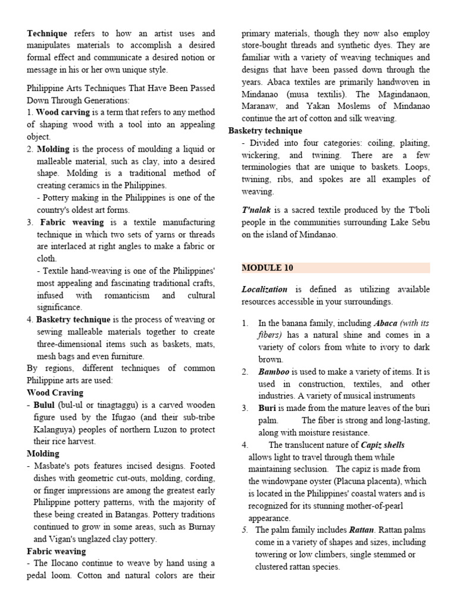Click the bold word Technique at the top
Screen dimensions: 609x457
[47, 34]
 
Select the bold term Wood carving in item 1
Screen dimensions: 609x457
[63, 112]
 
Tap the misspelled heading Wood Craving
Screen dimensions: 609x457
[55, 393]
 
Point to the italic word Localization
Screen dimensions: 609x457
[264, 289]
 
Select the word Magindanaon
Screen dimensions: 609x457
[398, 94]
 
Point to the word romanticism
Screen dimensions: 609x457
[122, 295]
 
